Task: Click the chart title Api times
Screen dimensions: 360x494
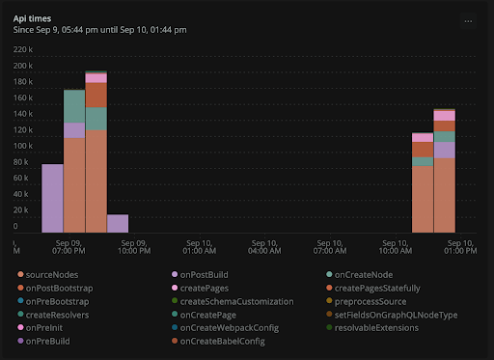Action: [x=34, y=17]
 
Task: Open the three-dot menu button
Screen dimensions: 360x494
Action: [x=468, y=19]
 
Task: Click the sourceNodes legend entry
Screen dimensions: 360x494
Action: [x=52, y=274]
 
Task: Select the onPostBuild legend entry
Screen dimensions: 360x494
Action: [x=204, y=274]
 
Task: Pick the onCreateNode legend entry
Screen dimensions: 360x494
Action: [x=361, y=274]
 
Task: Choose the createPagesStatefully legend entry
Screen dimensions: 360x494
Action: [x=377, y=288]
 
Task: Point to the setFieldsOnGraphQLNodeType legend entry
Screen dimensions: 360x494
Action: [x=396, y=315]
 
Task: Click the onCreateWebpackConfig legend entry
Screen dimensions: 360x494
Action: [x=229, y=327]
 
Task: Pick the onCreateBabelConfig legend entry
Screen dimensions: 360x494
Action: [x=222, y=341]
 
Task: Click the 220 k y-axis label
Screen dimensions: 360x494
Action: [x=23, y=64]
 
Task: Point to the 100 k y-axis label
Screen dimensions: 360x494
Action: [x=23, y=146]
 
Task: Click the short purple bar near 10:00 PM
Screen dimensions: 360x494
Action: [x=118, y=223]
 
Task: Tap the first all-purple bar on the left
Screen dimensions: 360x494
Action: [x=52, y=198]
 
